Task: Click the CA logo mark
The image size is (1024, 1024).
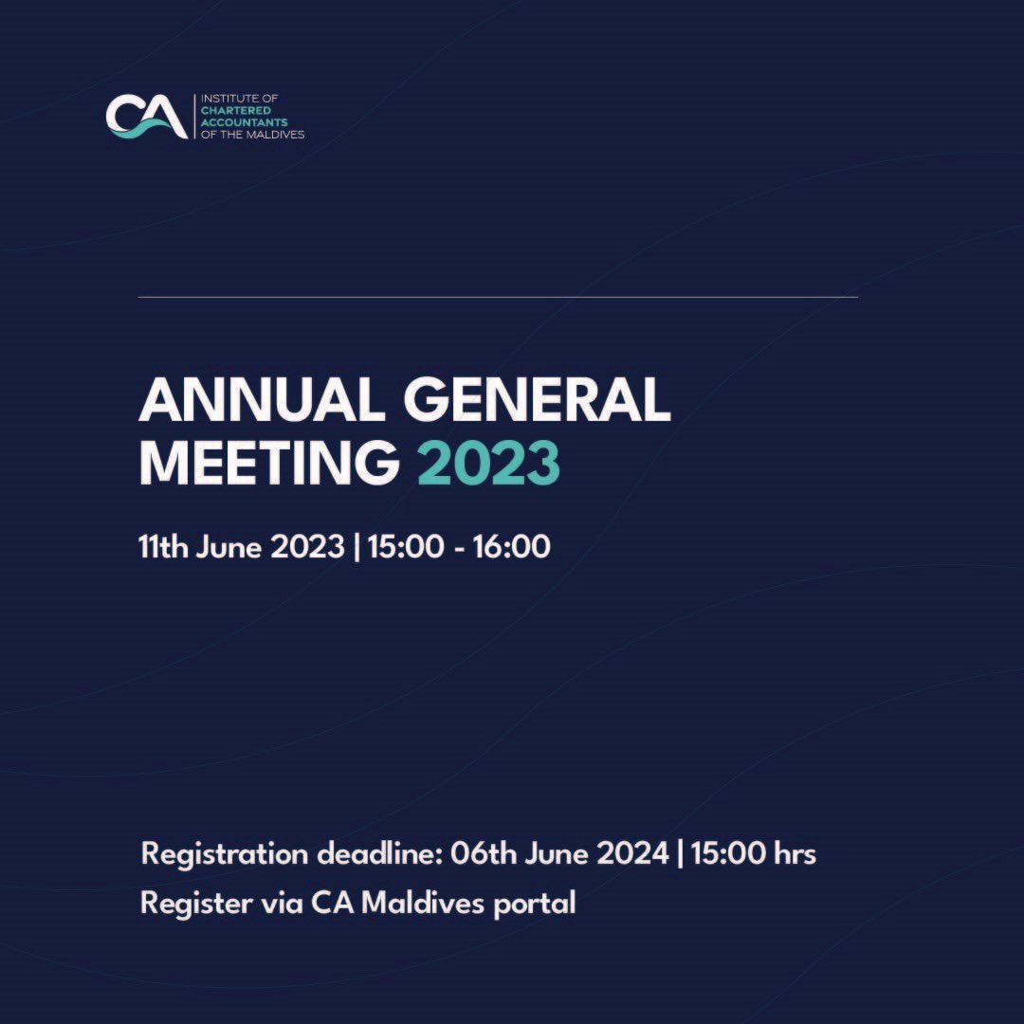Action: pos(146,117)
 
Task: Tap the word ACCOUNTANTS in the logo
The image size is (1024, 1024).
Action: pos(237,122)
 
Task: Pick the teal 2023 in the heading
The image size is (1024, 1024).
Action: pos(488,464)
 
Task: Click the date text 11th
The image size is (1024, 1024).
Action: pos(164,547)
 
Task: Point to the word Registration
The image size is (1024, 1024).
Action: pos(225,854)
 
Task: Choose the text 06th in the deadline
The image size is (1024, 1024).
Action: pos(482,853)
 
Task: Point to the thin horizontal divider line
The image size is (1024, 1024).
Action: pos(498,297)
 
